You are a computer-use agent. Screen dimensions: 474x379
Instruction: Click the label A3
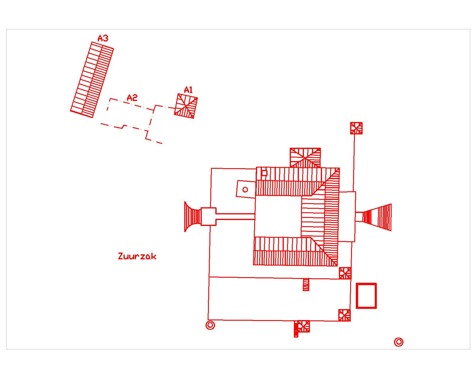click(x=103, y=38)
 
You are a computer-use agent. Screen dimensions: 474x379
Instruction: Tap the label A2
click(x=132, y=97)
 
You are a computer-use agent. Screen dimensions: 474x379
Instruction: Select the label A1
click(x=188, y=90)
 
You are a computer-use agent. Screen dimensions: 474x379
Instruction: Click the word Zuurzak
click(x=137, y=256)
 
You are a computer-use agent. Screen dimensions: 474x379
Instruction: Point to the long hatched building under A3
click(x=92, y=80)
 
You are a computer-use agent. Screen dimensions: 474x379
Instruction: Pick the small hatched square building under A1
click(x=186, y=106)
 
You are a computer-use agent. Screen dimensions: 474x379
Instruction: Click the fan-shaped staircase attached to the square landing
click(x=193, y=216)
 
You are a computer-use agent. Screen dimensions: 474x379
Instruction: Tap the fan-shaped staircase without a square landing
click(x=377, y=217)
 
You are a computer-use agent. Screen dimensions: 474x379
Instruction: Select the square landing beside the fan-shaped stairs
click(x=208, y=216)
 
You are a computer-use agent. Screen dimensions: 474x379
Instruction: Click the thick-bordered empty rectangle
click(x=366, y=296)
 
